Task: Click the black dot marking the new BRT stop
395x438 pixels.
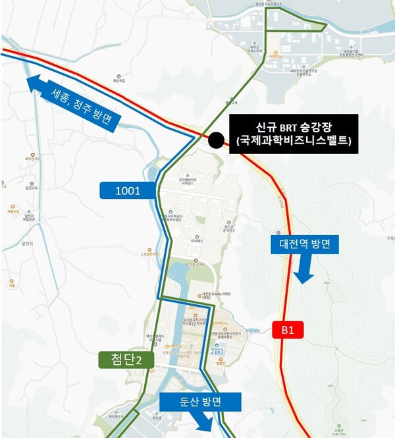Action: point(215,140)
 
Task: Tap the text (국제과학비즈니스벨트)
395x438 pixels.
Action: point(293,140)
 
